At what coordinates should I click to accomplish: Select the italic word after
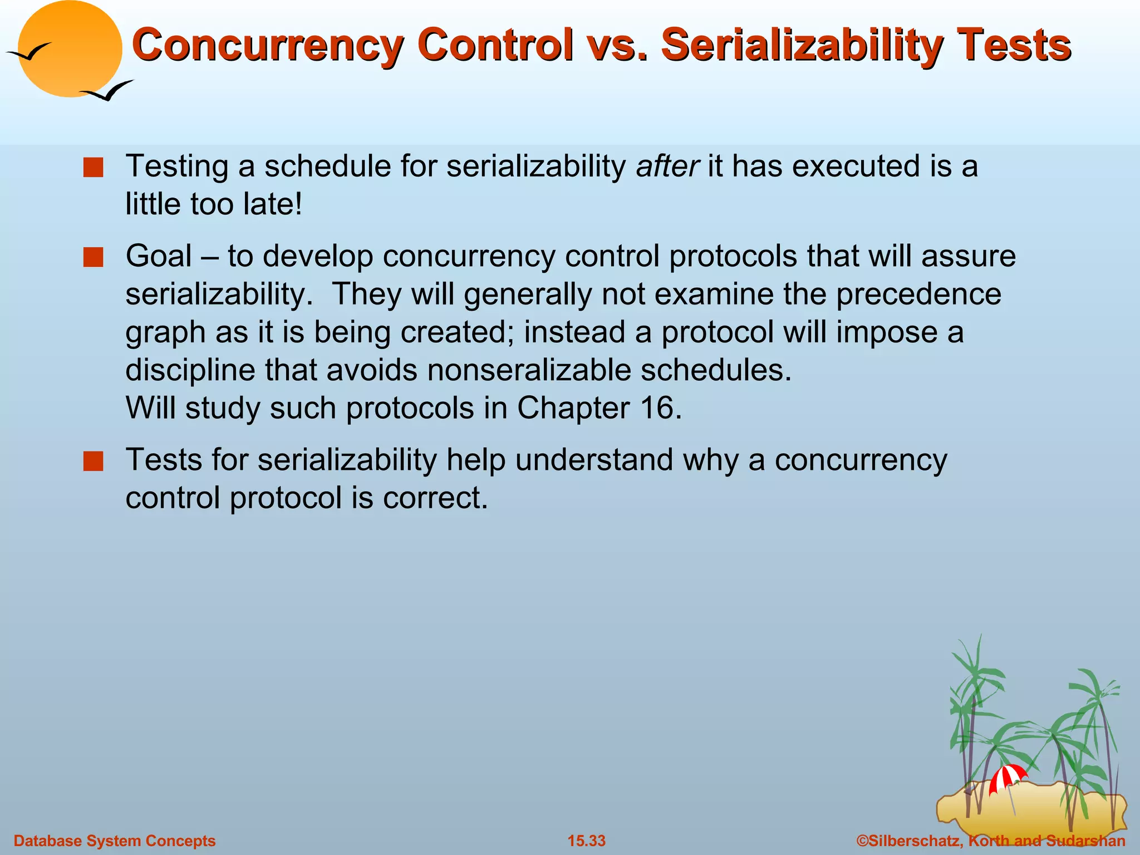click(667, 166)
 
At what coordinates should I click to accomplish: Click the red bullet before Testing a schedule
click(93, 168)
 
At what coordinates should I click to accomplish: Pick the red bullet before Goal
click(93, 258)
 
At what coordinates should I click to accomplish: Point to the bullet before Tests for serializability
click(93, 461)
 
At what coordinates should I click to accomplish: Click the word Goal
click(159, 257)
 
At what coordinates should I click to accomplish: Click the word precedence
click(918, 294)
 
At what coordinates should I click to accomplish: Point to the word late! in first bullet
click(273, 204)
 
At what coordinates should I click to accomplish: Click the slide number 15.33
click(586, 841)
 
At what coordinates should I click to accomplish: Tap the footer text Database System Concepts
click(114, 841)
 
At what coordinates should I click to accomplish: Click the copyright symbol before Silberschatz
click(862, 841)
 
